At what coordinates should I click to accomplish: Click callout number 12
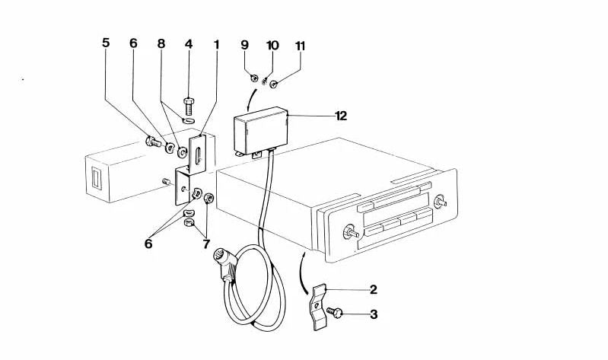(340, 116)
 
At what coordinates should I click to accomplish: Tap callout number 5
(106, 43)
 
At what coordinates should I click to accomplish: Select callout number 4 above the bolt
(188, 43)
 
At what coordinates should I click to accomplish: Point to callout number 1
(216, 43)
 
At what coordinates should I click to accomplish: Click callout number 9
(245, 45)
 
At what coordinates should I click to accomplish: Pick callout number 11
(300, 45)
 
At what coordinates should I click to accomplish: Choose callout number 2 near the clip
(373, 289)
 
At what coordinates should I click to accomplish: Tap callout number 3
(373, 314)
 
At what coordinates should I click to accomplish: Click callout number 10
(272, 45)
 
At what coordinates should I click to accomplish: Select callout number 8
(161, 43)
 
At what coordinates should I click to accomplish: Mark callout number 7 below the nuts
(205, 244)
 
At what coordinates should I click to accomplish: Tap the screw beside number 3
(336, 312)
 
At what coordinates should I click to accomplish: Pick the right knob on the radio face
(441, 203)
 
